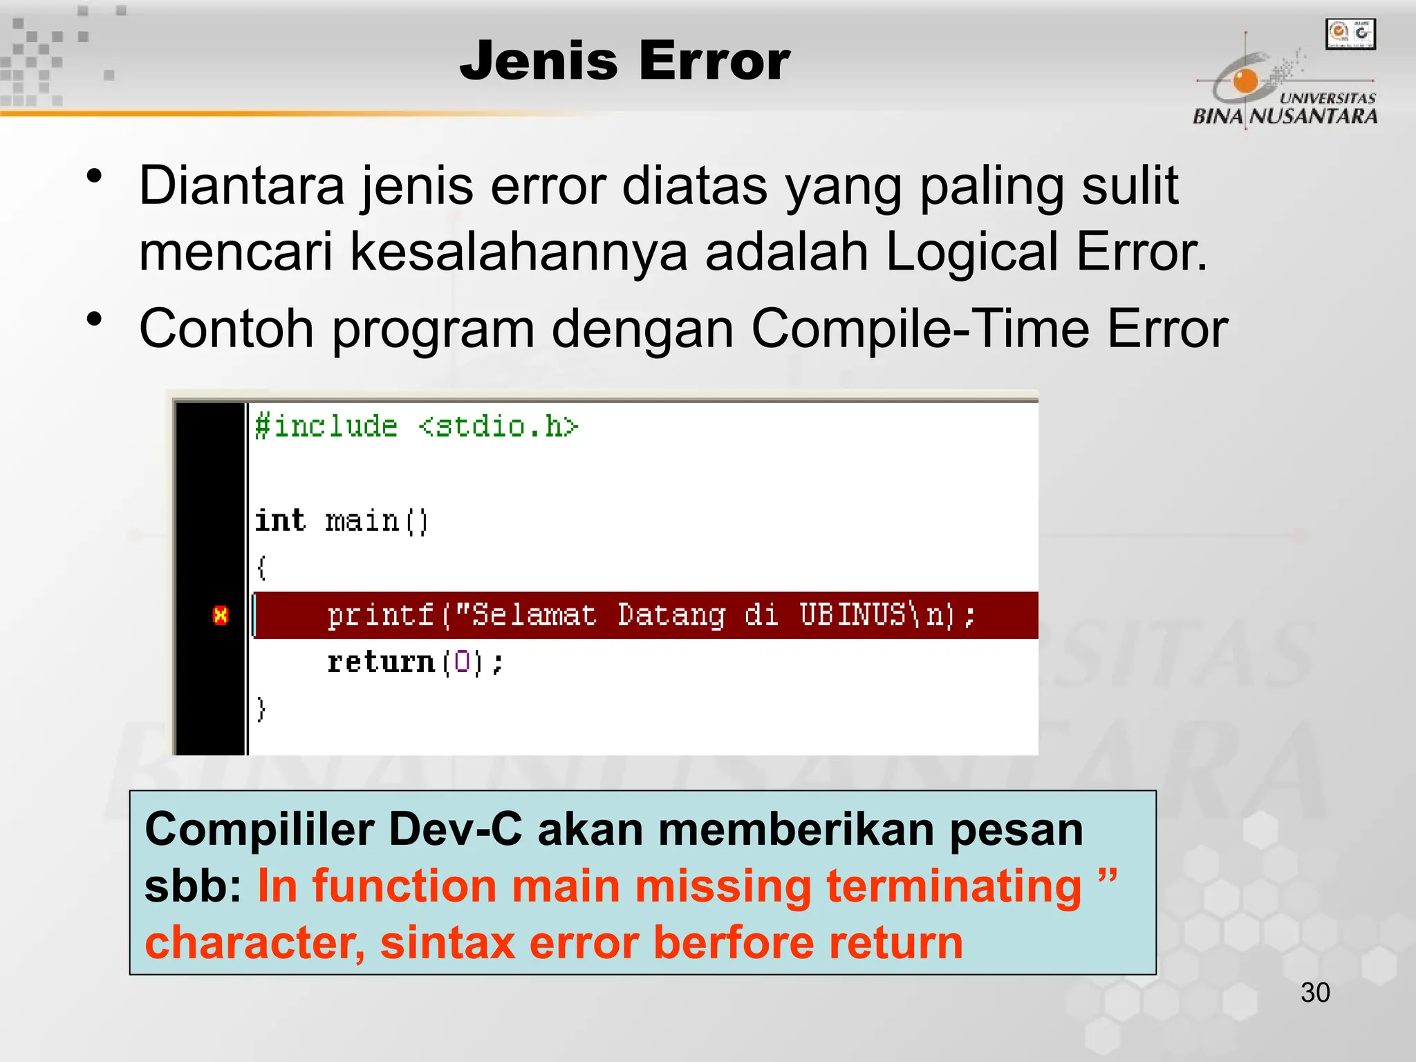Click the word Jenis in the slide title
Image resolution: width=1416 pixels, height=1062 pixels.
point(538,61)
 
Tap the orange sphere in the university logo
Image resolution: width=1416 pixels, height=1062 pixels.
point(1245,81)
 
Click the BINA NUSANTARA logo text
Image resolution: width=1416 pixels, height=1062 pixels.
point(1285,115)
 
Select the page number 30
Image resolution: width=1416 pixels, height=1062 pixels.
point(1315,993)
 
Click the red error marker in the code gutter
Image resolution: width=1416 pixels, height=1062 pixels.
point(221,615)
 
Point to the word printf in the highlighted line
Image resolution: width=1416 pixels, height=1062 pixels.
point(380,615)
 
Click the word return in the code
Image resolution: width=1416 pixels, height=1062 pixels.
point(380,662)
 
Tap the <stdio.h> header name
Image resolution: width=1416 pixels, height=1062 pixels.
point(499,426)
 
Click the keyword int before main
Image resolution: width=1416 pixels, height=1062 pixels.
point(280,520)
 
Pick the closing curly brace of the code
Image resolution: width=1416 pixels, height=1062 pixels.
point(261,709)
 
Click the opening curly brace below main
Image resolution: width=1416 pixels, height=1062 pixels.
point(261,568)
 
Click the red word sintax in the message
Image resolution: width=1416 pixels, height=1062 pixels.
point(447,942)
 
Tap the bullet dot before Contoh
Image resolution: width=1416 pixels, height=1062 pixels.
point(95,319)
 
